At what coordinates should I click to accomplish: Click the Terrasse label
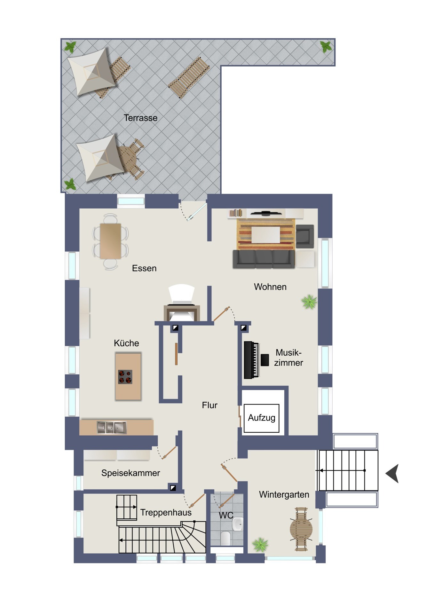point(140,118)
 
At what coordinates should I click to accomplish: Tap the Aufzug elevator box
point(261,418)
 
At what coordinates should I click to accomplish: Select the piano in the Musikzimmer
point(251,360)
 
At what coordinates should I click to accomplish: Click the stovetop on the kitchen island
point(125,377)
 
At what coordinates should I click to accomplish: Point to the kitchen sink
point(112,428)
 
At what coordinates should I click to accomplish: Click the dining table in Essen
point(110,241)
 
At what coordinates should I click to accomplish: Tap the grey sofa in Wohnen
point(264,259)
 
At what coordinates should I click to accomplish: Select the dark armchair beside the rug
point(305,236)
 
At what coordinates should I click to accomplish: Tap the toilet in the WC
point(225,538)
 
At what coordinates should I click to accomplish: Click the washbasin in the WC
point(238,524)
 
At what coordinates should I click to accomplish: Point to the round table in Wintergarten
point(301,529)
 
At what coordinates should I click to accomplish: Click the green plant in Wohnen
point(309,302)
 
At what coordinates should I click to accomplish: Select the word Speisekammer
point(130,473)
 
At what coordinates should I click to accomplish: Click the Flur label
point(209,405)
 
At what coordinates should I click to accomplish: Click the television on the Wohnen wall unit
point(266,213)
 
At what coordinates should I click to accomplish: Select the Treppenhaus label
point(166,513)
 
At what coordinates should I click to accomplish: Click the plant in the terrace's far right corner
point(326,47)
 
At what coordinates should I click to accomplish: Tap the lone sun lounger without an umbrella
point(189,78)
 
